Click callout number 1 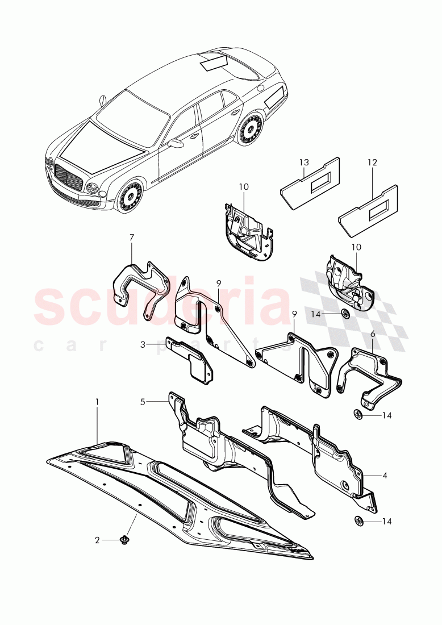[97, 402]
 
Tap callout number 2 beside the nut [97, 540]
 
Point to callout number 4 [385, 474]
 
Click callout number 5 [144, 402]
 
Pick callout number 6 [373, 334]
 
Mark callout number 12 [372, 163]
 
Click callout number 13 [303, 163]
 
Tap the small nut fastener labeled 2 [124, 540]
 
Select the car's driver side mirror [176, 144]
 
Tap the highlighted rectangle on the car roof [214, 61]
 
